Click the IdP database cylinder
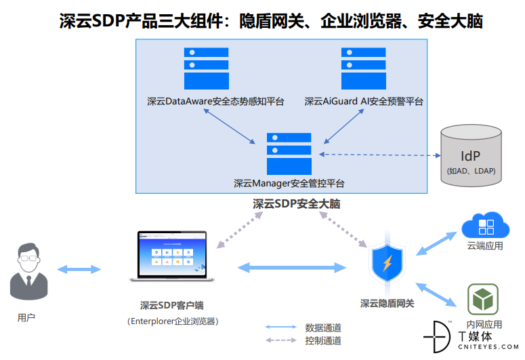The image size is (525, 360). [471, 155]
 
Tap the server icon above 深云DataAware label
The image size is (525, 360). [206, 68]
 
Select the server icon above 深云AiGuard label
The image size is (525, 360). [364, 68]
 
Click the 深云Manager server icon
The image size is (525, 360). [289, 154]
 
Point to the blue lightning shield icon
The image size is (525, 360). [387, 262]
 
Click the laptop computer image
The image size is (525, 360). [172, 256]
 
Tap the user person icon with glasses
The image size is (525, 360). [29, 271]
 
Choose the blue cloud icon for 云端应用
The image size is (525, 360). [486, 225]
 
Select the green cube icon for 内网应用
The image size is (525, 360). [483, 299]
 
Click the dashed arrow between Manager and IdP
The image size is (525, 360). [379, 155]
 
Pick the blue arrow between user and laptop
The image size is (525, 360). [79, 269]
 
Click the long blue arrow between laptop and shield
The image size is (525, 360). [292, 268]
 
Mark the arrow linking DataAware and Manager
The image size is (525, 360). [230, 126]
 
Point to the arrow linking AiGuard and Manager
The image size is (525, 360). [344, 126]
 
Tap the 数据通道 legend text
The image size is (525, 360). [323, 327]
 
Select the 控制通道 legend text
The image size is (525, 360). [323, 340]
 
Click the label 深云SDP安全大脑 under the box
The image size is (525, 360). [296, 204]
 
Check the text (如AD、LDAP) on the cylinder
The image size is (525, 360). [471, 171]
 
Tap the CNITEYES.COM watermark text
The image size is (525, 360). [488, 347]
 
